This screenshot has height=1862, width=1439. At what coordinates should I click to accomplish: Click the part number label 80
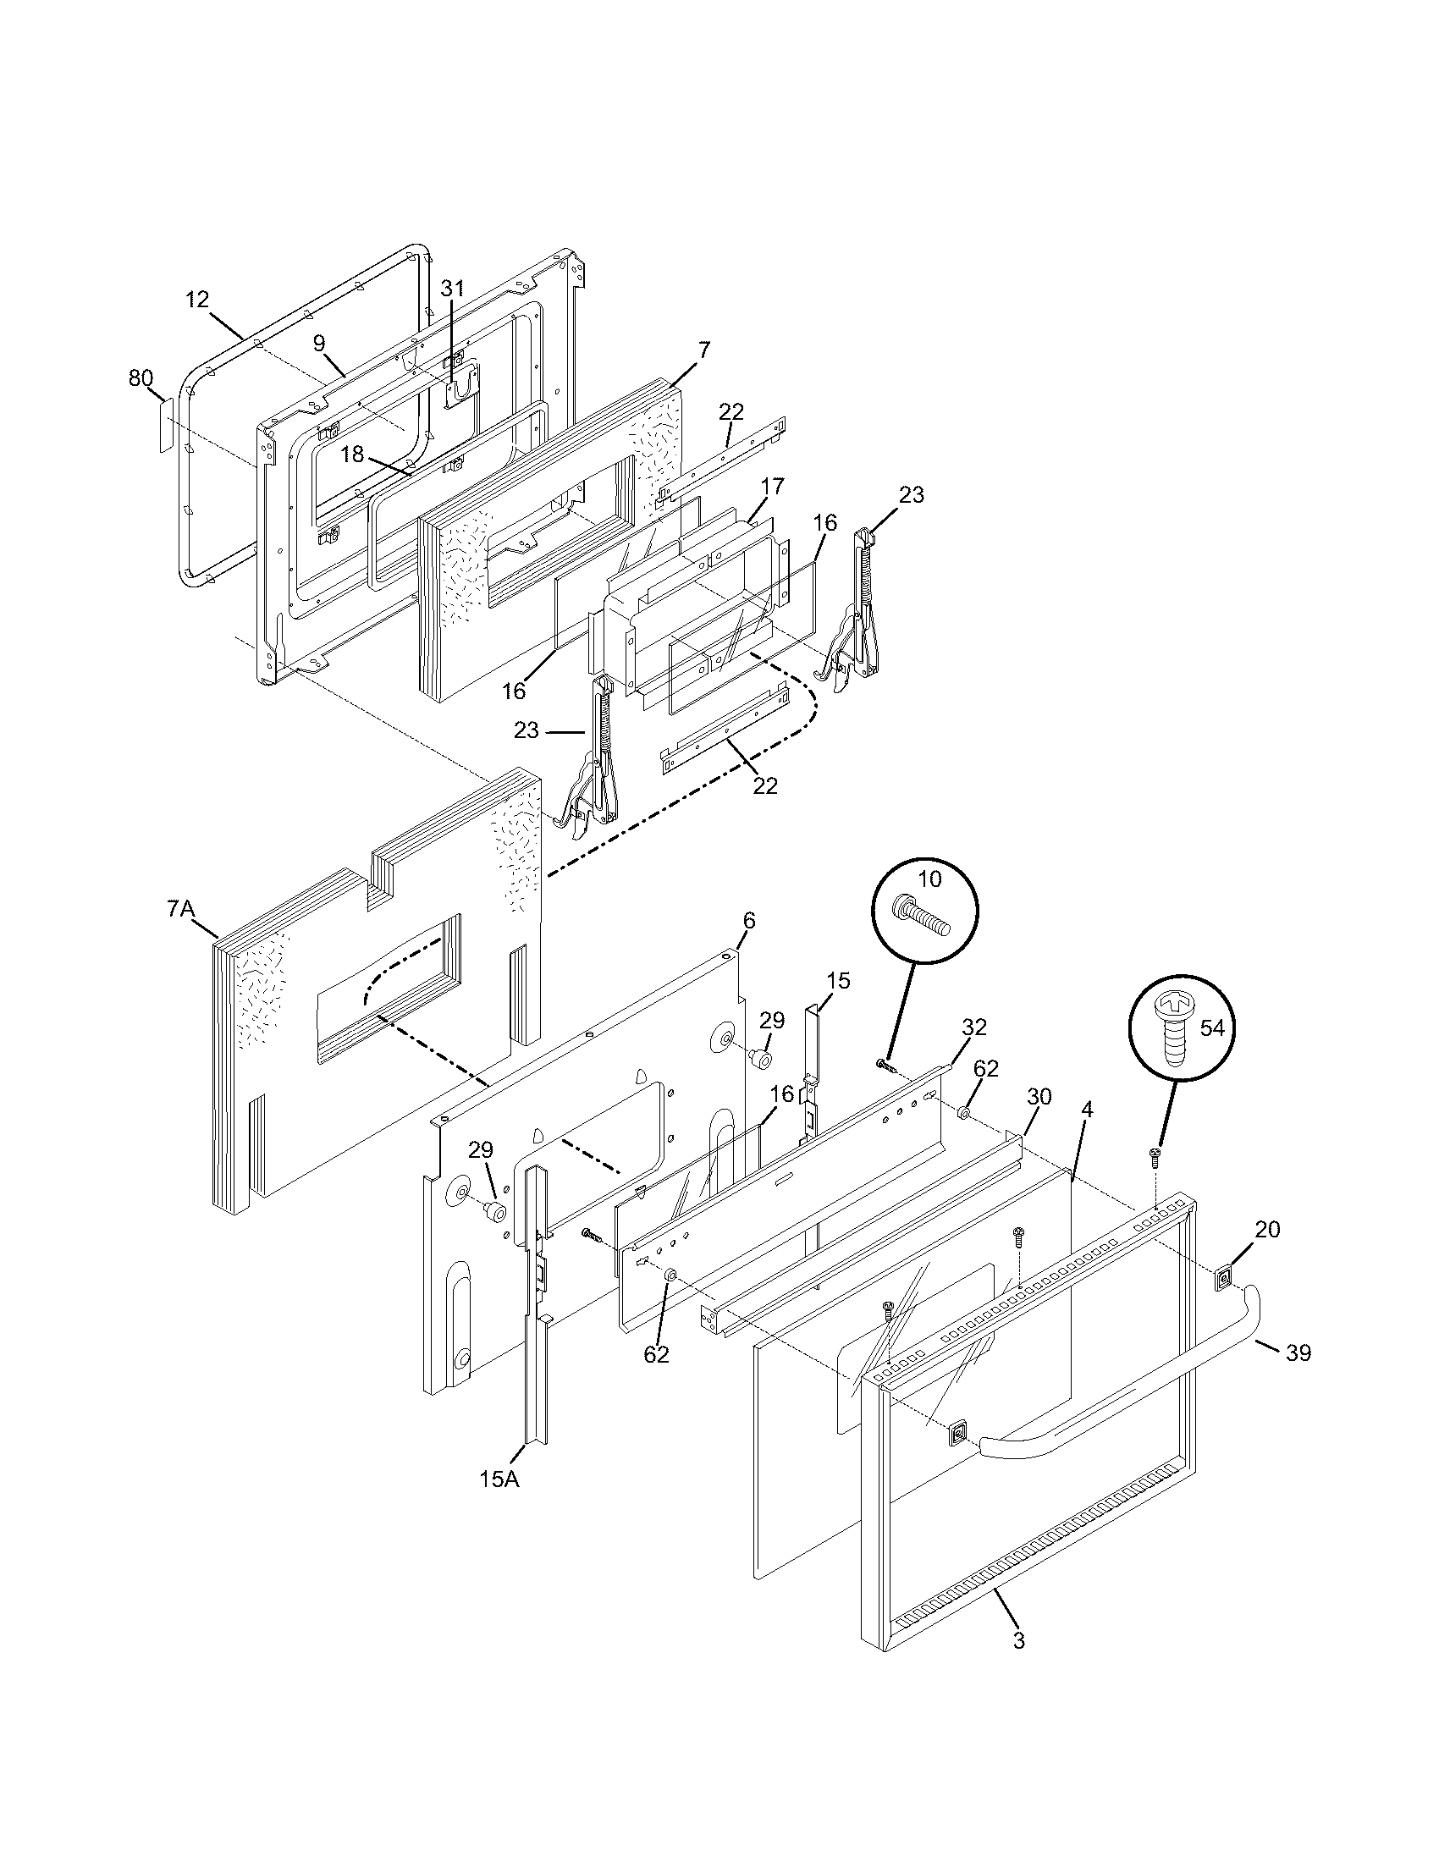141,377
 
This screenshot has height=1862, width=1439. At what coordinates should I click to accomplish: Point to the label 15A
499,1479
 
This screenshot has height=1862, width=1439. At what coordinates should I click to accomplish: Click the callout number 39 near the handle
1298,1352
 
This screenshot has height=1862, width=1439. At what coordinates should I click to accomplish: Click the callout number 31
452,288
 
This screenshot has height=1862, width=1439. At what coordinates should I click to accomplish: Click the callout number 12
196,299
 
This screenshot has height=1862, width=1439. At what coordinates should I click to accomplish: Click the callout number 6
748,920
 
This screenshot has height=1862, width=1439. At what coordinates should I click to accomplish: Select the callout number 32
973,1027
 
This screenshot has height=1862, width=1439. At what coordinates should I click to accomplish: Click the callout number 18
352,454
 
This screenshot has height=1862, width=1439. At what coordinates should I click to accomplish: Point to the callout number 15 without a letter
838,980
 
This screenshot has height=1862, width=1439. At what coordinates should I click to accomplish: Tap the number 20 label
1267,1229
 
